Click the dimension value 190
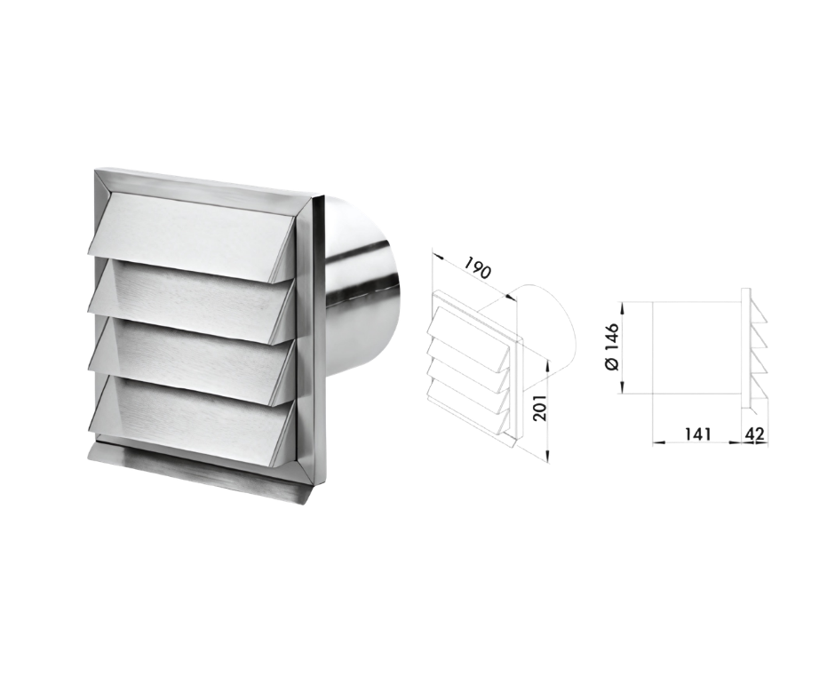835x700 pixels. click(477, 268)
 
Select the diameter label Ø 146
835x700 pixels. click(611, 346)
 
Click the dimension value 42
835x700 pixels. click(754, 434)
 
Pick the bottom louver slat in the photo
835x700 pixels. click(193, 413)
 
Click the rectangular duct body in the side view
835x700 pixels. click(696, 348)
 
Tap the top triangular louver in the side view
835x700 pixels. click(756, 314)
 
